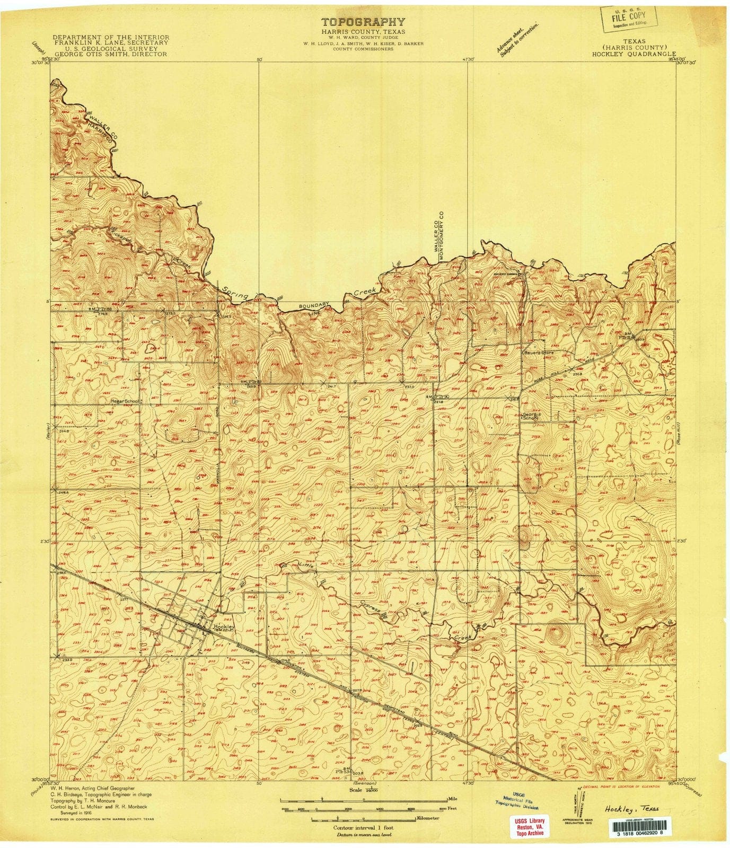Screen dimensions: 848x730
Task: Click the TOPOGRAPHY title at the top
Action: [x=364, y=22]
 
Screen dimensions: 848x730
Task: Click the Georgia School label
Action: [x=530, y=416]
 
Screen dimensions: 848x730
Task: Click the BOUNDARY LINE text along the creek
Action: [x=314, y=310]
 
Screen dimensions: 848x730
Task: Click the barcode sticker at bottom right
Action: [x=644, y=827]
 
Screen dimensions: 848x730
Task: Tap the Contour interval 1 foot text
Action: [x=364, y=827]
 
